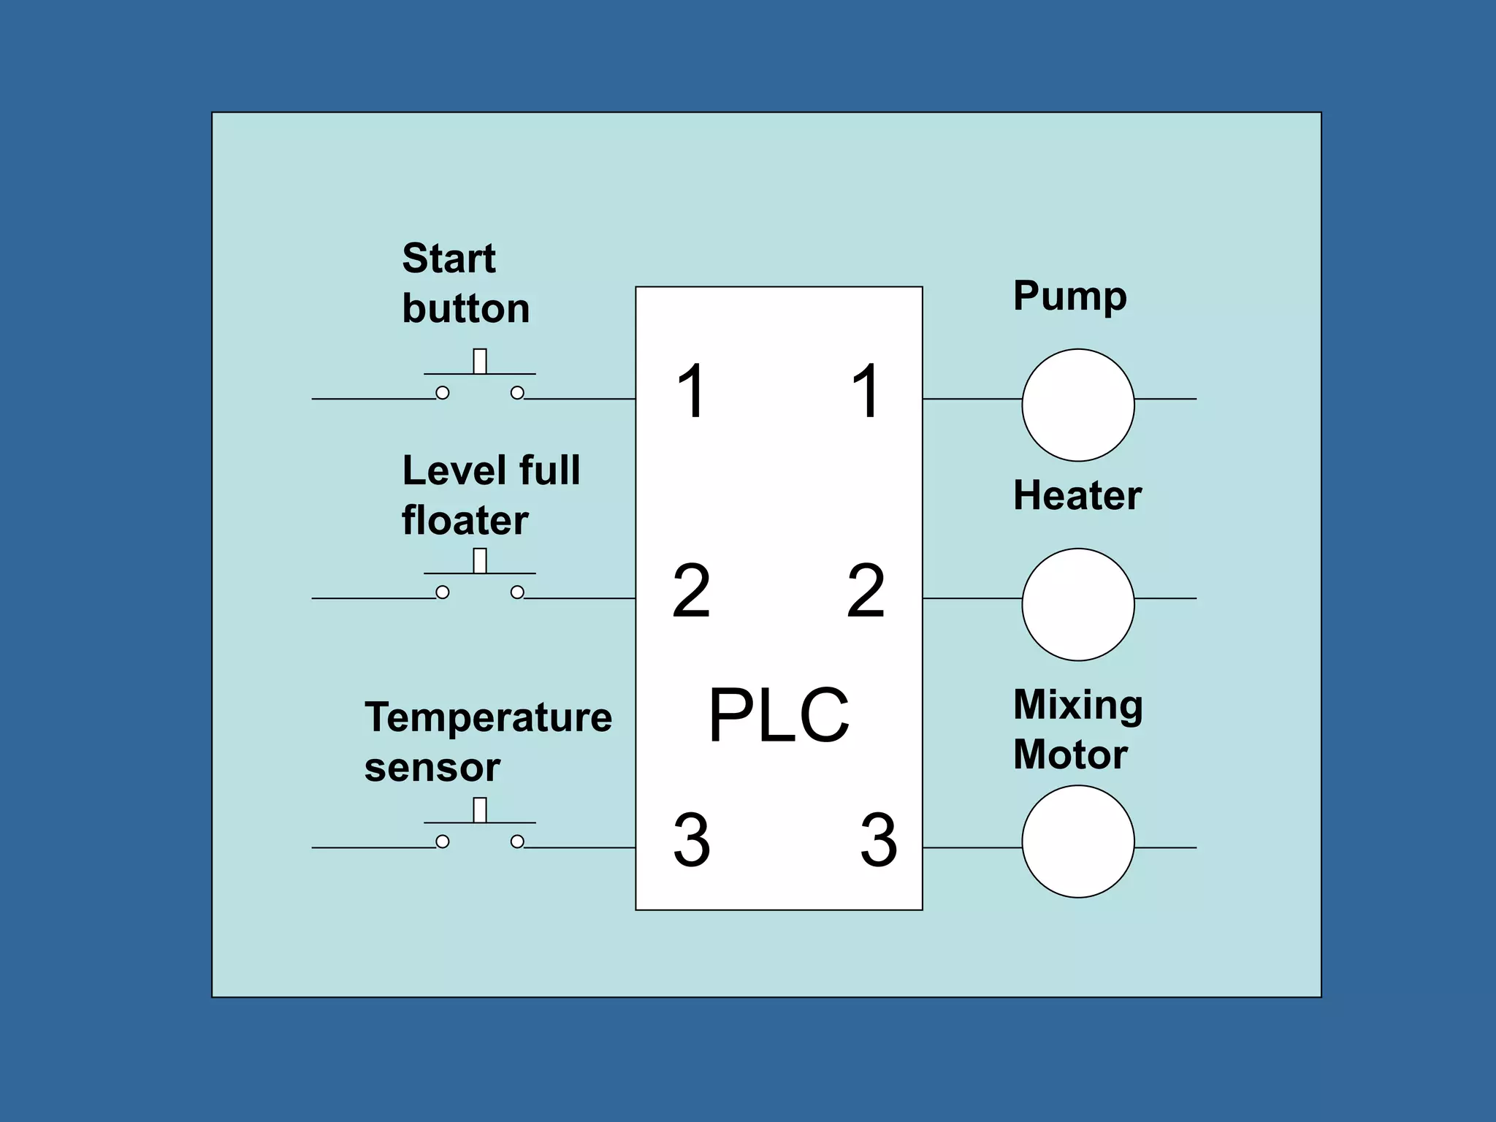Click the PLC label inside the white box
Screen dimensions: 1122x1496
779,715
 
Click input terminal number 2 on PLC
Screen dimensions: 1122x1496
691,591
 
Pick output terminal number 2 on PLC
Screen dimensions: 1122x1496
866,591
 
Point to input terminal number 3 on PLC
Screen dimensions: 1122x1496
691,840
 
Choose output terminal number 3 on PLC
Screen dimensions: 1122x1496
879,840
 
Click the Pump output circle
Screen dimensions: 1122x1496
1077,405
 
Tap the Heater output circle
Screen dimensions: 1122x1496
1077,604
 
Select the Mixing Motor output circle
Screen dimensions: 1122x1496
1077,841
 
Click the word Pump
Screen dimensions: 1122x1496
1069,297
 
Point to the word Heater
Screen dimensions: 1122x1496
1077,496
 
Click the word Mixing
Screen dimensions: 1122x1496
1077,706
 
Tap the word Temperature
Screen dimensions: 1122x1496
488,718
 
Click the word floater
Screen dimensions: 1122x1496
465,521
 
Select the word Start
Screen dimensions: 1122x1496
449,259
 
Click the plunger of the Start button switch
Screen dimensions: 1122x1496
480,362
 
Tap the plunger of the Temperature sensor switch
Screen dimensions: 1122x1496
480,810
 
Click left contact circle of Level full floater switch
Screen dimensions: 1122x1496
443,592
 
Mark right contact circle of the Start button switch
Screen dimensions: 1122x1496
517,393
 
